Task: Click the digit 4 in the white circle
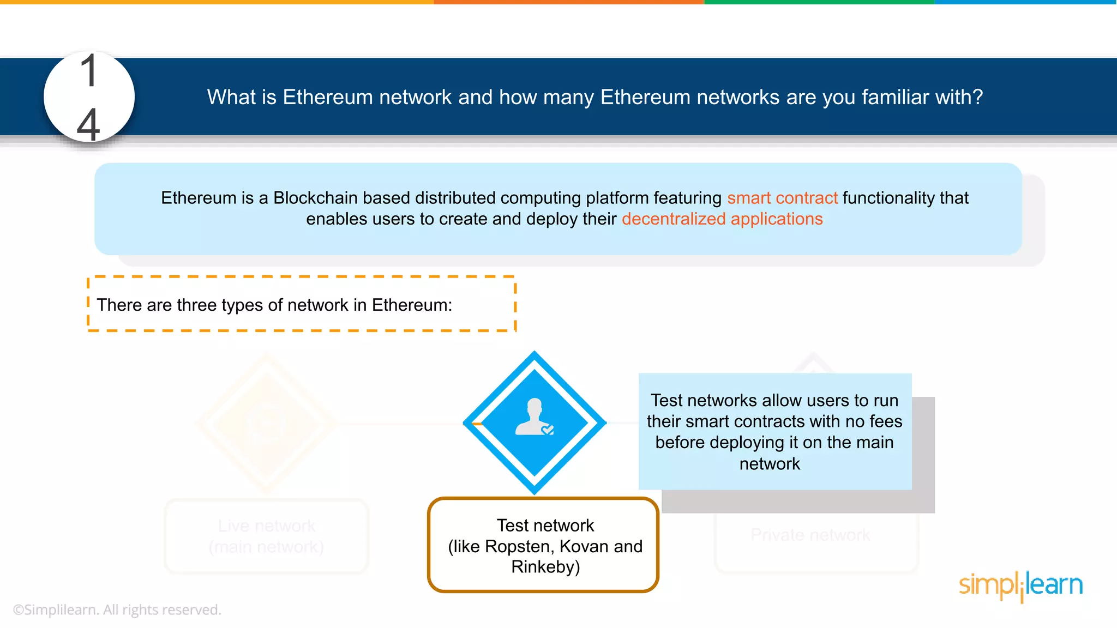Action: pos(88,124)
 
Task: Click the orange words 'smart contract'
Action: pos(782,198)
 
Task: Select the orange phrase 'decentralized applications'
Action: pos(722,219)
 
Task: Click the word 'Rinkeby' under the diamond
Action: pos(545,567)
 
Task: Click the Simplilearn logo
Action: pos(1020,585)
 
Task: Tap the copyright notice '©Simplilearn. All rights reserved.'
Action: pos(117,609)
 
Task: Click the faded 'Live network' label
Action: pos(267,526)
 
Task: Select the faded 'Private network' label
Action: pos(810,535)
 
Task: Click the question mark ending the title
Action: pos(978,97)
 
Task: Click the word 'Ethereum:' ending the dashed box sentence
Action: pos(412,305)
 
